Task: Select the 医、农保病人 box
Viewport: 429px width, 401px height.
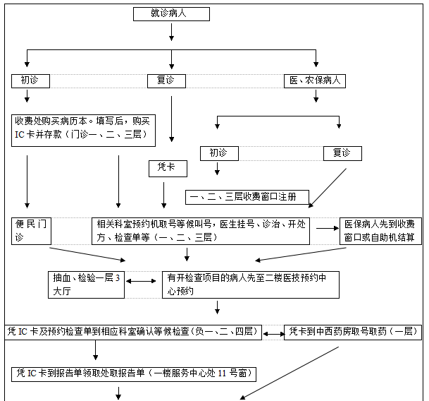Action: point(314,80)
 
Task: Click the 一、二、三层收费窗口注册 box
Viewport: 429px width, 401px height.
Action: point(242,196)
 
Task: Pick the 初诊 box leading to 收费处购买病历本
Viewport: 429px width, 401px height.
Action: point(30,80)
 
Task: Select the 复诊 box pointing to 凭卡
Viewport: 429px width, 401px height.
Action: point(161,80)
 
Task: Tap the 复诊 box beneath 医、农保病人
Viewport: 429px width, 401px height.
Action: point(342,152)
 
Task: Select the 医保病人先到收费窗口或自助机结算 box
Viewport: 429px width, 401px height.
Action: point(380,231)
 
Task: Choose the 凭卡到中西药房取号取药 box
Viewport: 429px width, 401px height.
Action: point(352,330)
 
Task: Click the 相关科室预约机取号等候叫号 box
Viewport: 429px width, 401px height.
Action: point(201,231)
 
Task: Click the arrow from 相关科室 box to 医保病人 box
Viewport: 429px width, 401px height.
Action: point(325,228)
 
